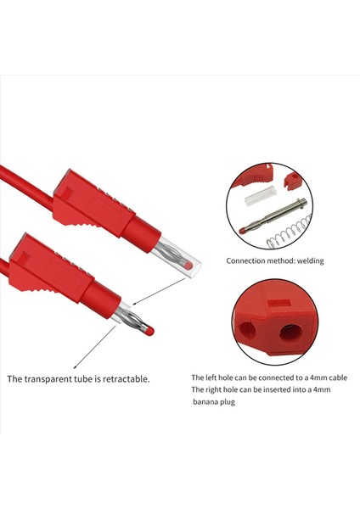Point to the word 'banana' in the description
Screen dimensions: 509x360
click(209, 403)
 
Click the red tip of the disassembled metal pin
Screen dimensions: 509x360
click(246, 227)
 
